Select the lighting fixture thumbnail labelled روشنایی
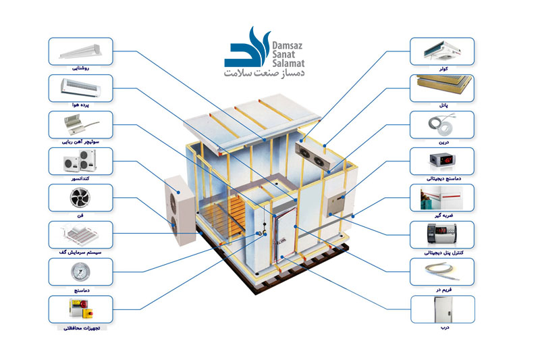(80, 51)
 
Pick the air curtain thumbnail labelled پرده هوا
(80, 87)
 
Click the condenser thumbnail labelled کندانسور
(80, 161)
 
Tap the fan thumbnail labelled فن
(80, 197)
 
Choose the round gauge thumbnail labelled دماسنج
(80, 271)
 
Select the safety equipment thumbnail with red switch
(80, 309)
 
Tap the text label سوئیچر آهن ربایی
(80, 142)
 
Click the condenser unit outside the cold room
(179, 209)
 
